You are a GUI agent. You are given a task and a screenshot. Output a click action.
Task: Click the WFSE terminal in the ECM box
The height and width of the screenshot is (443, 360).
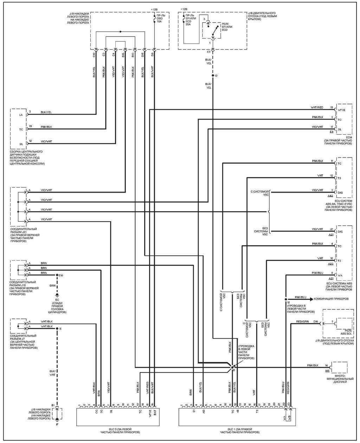[341, 110]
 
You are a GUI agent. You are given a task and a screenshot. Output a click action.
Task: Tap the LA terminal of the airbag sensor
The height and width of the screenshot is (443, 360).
[21, 115]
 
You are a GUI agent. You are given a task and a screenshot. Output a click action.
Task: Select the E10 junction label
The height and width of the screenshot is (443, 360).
[61, 275]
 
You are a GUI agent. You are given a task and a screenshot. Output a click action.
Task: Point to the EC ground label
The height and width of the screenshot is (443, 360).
[57, 300]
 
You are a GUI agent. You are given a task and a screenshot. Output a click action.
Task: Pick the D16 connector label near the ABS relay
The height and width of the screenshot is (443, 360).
[315, 322]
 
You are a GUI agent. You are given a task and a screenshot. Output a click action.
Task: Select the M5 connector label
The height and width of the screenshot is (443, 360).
[327, 371]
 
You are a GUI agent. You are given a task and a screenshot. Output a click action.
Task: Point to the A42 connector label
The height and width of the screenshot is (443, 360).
[330, 195]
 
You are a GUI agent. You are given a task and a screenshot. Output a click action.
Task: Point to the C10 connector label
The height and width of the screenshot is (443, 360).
[94, 55]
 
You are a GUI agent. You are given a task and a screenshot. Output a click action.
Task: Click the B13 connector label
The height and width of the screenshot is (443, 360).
[133, 55]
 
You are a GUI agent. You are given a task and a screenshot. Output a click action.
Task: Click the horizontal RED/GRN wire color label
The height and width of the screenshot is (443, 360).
[302, 321]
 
